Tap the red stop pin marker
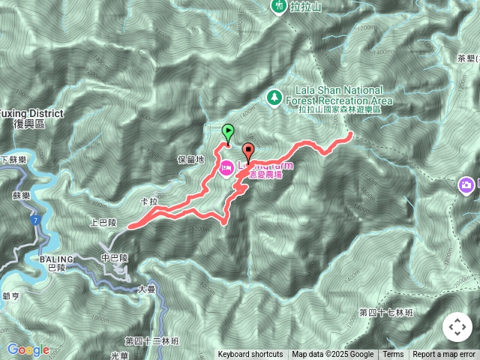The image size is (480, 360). click(248, 151)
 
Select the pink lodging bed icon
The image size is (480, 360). click(226, 164)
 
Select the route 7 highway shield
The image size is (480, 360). click(34, 218)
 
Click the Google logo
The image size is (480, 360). click(28, 349)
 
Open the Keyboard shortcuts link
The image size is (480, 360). click(250, 355)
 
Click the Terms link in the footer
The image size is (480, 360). click(393, 355)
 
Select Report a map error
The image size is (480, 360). click(444, 355)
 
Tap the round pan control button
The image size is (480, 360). click(457, 327)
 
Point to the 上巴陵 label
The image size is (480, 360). click(103, 223)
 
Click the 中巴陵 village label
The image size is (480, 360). click(115, 257)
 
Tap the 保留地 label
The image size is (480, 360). click(191, 160)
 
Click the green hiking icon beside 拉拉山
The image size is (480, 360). click(278, 6)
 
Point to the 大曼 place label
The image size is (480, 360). click(147, 289)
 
